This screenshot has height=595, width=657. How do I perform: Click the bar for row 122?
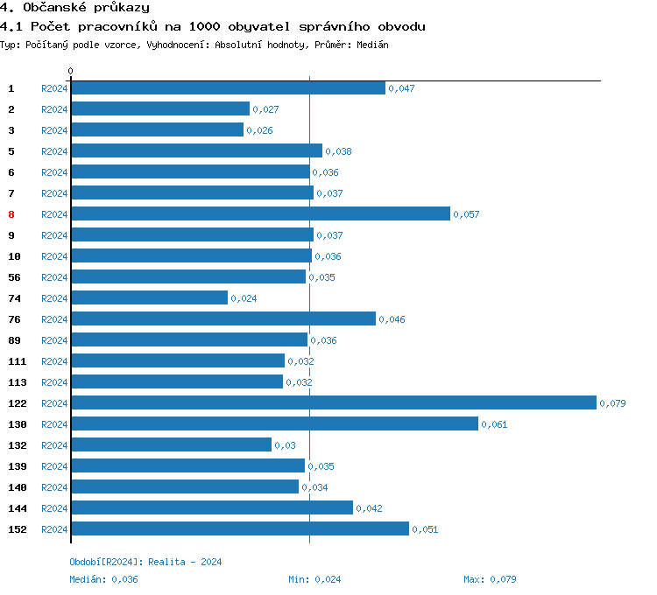click(333, 402)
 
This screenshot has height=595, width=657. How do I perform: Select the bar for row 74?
click(149, 297)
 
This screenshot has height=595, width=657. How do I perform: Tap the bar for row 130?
click(274, 423)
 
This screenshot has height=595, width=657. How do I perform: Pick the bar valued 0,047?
click(228, 87)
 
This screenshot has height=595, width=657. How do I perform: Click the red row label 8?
click(11, 214)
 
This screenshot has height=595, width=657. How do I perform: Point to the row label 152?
click(18, 529)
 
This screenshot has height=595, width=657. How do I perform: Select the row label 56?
click(14, 277)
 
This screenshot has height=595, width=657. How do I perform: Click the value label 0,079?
click(611, 403)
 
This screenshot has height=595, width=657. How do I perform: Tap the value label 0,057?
click(466, 214)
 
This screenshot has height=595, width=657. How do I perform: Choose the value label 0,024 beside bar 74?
click(244, 298)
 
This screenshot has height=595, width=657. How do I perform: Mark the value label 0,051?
click(425, 529)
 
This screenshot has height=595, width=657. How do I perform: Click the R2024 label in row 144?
click(54, 508)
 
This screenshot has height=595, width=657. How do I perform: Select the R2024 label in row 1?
click(54, 88)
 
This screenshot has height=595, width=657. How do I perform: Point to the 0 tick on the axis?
click(71, 71)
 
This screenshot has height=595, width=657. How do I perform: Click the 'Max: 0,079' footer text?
click(491, 579)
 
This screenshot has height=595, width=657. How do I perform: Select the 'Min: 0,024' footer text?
click(314, 579)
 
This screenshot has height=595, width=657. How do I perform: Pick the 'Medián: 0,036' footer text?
click(103, 579)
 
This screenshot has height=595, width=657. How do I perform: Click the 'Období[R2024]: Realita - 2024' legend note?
click(145, 562)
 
